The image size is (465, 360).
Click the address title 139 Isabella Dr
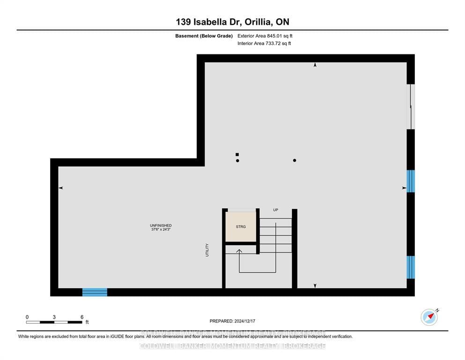tap(232, 22)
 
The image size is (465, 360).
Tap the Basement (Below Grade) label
tap(204, 36)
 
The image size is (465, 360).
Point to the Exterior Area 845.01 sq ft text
tap(265, 36)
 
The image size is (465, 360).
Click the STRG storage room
tap(241, 227)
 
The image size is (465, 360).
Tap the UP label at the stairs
tap(275, 210)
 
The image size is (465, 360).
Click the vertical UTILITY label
tap(207, 249)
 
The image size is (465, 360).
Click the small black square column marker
tap(237, 154)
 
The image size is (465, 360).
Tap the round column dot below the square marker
tap(238, 161)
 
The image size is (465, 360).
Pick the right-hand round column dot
tap(295, 161)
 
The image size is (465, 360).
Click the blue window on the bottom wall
tap(95, 292)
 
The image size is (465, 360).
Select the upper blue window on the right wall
tap(411, 181)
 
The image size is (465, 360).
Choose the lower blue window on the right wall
tap(411, 267)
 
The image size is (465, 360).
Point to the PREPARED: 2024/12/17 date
tap(232, 321)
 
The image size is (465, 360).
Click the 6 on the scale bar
tap(82, 317)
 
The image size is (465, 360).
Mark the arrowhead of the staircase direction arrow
tap(239, 252)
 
